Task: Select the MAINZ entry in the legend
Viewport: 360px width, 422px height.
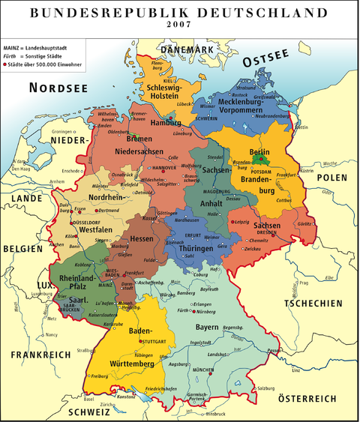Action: pos(13,47)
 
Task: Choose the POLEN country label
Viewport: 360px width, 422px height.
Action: pos(331,177)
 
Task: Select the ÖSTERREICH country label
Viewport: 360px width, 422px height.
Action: pos(307,399)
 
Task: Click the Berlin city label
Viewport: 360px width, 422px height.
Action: pos(259,152)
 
